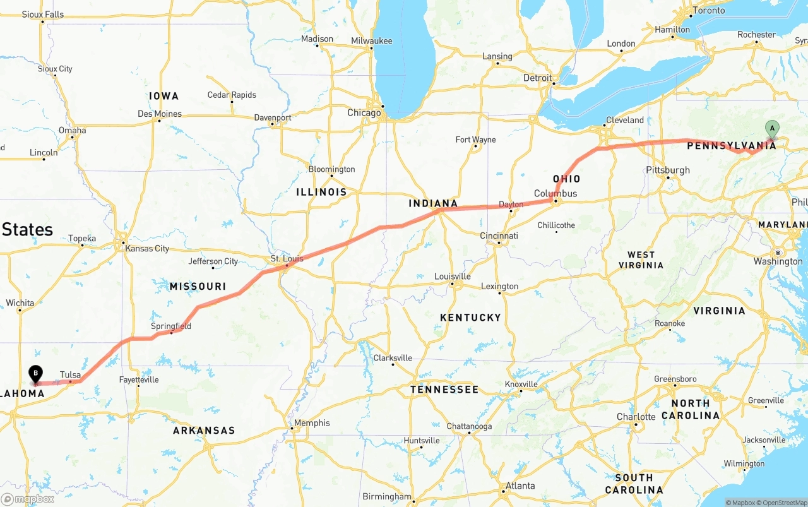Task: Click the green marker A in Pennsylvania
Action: [771, 128]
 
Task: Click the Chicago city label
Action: [364, 113]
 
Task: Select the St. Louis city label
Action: [287, 258]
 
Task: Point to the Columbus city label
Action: [555, 193]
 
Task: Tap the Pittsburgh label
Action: [668, 170]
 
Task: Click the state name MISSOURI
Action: [198, 286]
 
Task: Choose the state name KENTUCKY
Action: [470, 318]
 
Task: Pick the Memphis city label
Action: [312, 423]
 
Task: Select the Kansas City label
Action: [147, 248]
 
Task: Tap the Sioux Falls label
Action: [42, 14]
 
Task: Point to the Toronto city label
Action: [709, 11]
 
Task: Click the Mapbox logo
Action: [28, 499]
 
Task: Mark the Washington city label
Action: [778, 261]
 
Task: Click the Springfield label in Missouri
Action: [171, 326]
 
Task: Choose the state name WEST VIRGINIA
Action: [641, 259]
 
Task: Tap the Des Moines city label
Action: [160, 114]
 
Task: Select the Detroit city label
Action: [538, 78]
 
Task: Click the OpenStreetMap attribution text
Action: [781, 503]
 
